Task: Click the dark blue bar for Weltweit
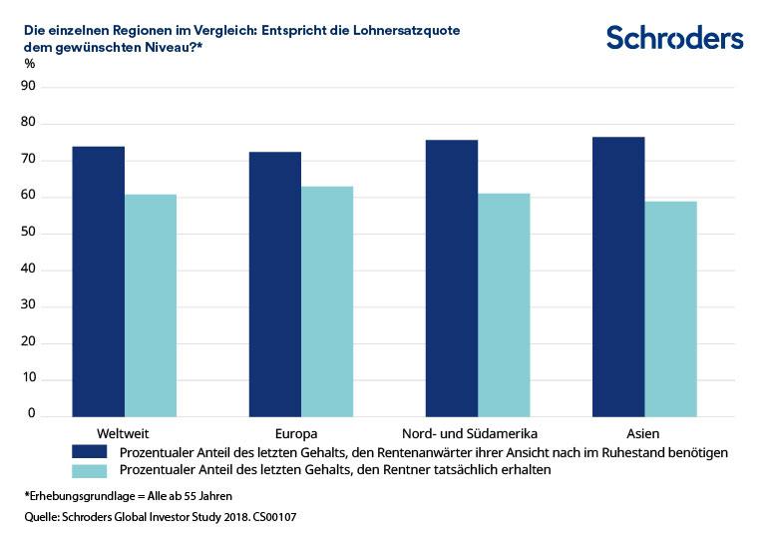pyautogui.click(x=99, y=281)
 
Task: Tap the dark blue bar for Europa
pyautogui.click(x=275, y=283)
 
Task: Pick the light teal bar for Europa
pyautogui.click(x=327, y=301)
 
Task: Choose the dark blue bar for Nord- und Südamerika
pyautogui.click(x=452, y=277)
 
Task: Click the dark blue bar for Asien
pyautogui.click(x=618, y=276)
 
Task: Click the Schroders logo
pyautogui.click(x=675, y=38)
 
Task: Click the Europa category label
pyautogui.click(x=295, y=434)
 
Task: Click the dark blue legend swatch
pyautogui.click(x=90, y=452)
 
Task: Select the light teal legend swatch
pyautogui.click(x=90, y=469)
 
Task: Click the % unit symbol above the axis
pyautogui.click(x=29, y=64)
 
